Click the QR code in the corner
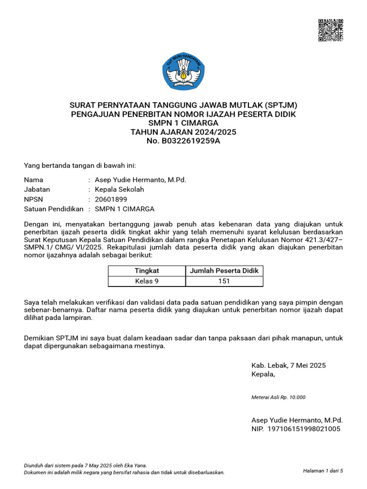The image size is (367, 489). [331, 30]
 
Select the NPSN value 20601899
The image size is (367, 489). [111, 199]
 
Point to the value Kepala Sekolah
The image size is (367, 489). [119, 189]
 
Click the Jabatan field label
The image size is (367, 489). [37, 189]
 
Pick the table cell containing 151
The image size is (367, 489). [224, 281]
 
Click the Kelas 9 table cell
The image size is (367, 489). [147, 281]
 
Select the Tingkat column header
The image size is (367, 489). [147, 271]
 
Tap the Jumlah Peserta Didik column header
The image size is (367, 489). [224, 271]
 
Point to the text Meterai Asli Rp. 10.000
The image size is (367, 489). [278, 397]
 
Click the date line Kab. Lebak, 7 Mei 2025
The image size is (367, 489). [289, 365]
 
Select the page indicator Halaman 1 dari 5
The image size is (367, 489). [323, 470]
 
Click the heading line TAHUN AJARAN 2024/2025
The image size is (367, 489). [183, 132]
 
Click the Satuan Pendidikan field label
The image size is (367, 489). [54, 209]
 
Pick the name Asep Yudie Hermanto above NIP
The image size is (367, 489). [297, 420]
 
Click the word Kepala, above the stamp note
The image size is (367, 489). [263, 374]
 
